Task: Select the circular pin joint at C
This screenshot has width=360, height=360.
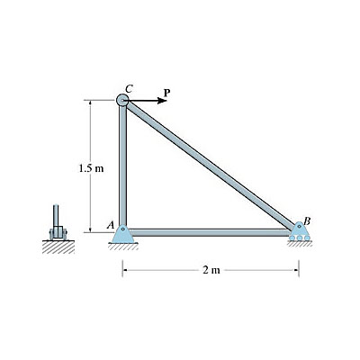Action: pyautogui.click(x=122, y=102)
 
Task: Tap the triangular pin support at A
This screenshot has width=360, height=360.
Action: pyautogui.click(x=122, y=235)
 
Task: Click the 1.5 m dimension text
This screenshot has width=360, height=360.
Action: pyautogui.click(x=91, y=168)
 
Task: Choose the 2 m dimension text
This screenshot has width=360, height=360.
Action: pyautogui.click(x=211, y=270)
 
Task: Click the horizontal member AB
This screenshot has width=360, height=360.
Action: pyautogui.click(x=211, y=232)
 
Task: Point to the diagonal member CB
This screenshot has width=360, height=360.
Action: pyautogui.click(x=211, y=166)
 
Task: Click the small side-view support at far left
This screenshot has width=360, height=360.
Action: pyautogui.click(x=58, y=228)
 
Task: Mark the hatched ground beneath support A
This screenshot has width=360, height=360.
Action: pyautogui.click(x=122, y=246)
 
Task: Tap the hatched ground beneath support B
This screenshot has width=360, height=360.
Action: pyautogui.click(x=299, y=246)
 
